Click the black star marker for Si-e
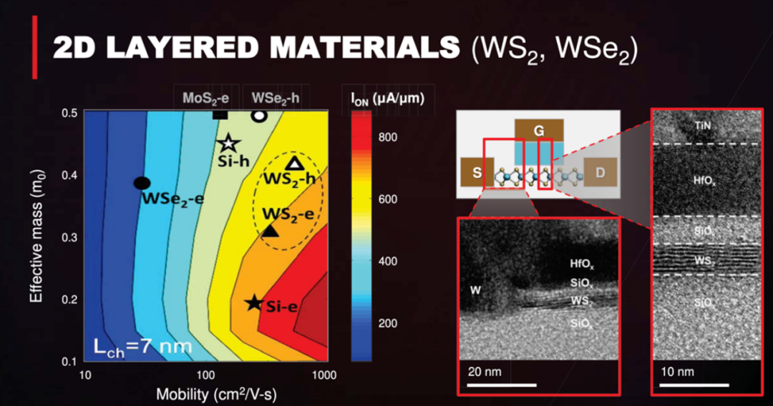254,302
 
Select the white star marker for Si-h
229,143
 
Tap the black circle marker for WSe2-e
142,183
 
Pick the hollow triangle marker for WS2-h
294,163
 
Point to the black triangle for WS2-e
270,230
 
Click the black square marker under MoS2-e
220,114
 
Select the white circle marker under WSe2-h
259,116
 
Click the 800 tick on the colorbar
388,137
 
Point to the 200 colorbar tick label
388,323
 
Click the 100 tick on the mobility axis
205,375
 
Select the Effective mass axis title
37,236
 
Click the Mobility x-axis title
216,394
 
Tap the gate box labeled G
539,131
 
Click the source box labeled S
477,172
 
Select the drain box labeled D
600,172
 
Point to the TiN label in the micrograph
703,126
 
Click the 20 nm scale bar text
485,372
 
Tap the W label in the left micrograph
475,290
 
